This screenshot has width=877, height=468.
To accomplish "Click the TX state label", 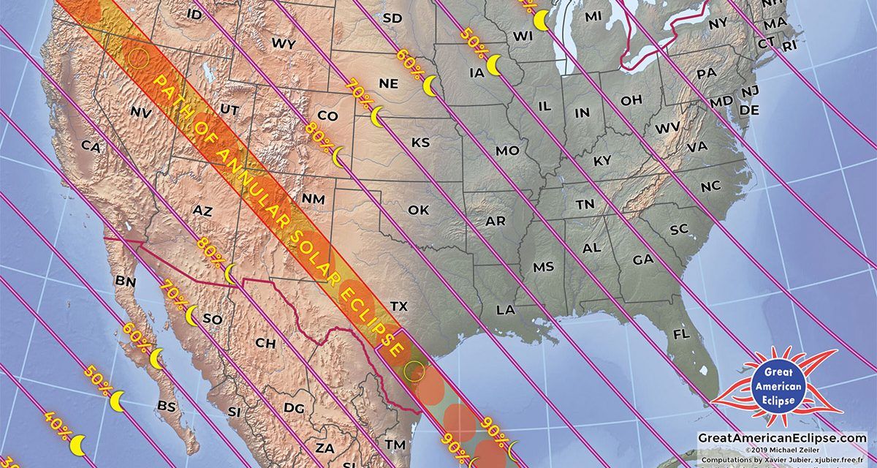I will pyautogui.click(x=398, y=305).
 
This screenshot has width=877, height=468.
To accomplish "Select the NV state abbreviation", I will pyautogui.click(x=140, y=112).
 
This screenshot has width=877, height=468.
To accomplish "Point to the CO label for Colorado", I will pyautogui.click(x=328, y=116).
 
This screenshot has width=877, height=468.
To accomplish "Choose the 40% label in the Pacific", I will pyautogui.click(x=59, y=426).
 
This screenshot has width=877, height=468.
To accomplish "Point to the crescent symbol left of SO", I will pyautogui.click(x=191, y=316).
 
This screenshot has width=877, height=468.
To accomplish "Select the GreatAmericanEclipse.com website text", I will pyautogui.click(x=782, y=437).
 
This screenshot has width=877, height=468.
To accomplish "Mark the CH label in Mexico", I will pyautogui.click(x=265, y=342).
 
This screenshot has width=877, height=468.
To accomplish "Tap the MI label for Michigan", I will pyautogui.click(x=593, y=15).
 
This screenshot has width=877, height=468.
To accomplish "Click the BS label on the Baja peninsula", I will pyautogui.click(x=167, y=405).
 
